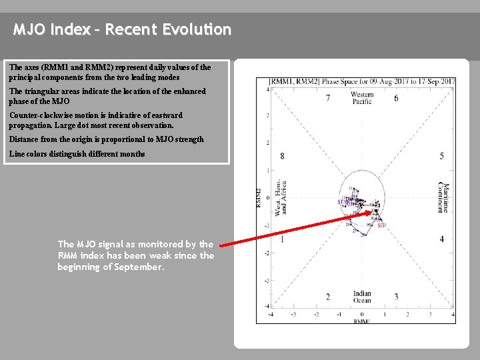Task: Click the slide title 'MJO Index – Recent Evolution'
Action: (123, 30)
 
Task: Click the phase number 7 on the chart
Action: (327, 99)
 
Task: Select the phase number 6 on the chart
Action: (396, 99)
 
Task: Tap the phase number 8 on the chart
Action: (282, 156)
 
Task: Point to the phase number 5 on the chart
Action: (441, 156)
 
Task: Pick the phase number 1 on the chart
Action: (282, 239)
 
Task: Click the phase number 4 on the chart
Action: (441, 239)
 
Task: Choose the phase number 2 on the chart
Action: (327, 297)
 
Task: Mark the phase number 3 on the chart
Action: (396, 297)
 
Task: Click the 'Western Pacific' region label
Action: (362, 99)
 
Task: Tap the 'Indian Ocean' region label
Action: (362, 297)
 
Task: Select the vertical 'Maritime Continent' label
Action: (443, 197)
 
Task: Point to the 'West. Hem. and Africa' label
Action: (281, 198)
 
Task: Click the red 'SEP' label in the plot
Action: (381, 225)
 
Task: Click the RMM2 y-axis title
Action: (259, 198)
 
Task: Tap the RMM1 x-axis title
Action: (361, 321)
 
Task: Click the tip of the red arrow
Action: (373, 213)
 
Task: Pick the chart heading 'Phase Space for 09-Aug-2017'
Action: (353, 81)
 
